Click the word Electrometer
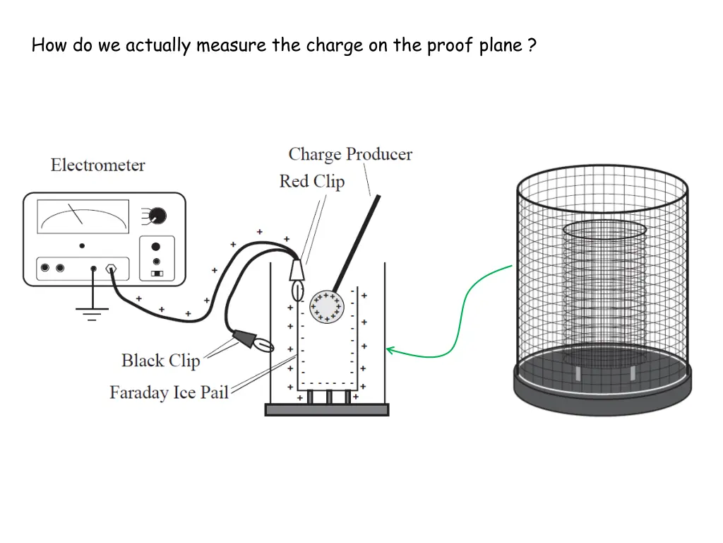coord(97,165)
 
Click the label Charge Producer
coord(350,154)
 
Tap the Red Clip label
coord(311,182)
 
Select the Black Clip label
coord(160,361)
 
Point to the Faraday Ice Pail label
coord(169,392)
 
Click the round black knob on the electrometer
coord(157,215)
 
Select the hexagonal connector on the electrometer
coord(111,269)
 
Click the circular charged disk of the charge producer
coord(326,307)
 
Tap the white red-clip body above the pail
coord(297,270)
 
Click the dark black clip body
coord(244,338)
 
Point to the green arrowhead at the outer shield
coord(390,349)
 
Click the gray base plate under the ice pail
coord(326,409)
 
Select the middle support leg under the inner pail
coord(329,397)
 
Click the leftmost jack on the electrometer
coord(46,268)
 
